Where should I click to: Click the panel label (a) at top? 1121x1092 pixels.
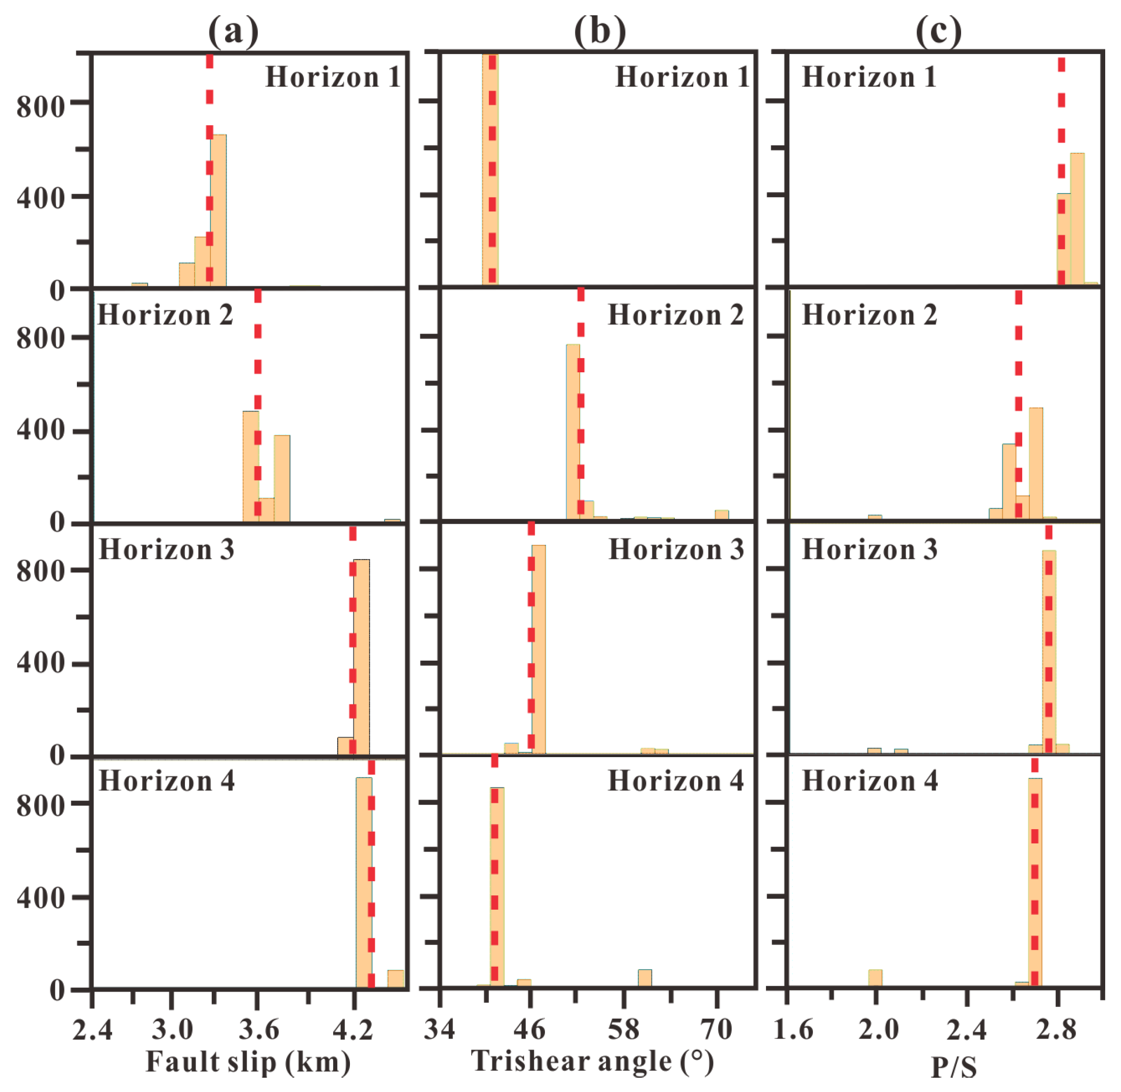(233, 30)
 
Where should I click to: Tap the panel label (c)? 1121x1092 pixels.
(938, 30)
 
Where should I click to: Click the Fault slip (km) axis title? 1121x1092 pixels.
(248, 1061)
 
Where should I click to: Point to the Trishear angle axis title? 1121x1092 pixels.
(592, 1060)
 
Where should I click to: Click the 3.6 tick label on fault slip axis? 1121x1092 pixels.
(259, 1029)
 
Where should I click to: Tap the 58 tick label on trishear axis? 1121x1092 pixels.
(623, 1029)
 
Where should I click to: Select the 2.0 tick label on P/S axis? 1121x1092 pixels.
(878, 1029)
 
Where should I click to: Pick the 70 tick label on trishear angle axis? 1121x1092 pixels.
(716, 1029)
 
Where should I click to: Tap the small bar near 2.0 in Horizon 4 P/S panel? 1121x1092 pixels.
(875, 978)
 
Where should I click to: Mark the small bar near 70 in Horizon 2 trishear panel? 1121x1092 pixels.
(722, 514)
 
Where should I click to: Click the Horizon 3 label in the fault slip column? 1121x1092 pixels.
(166, 550)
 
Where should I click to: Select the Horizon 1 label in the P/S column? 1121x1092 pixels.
(869, 77)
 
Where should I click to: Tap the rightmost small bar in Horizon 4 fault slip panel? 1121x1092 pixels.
(396, 978)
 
